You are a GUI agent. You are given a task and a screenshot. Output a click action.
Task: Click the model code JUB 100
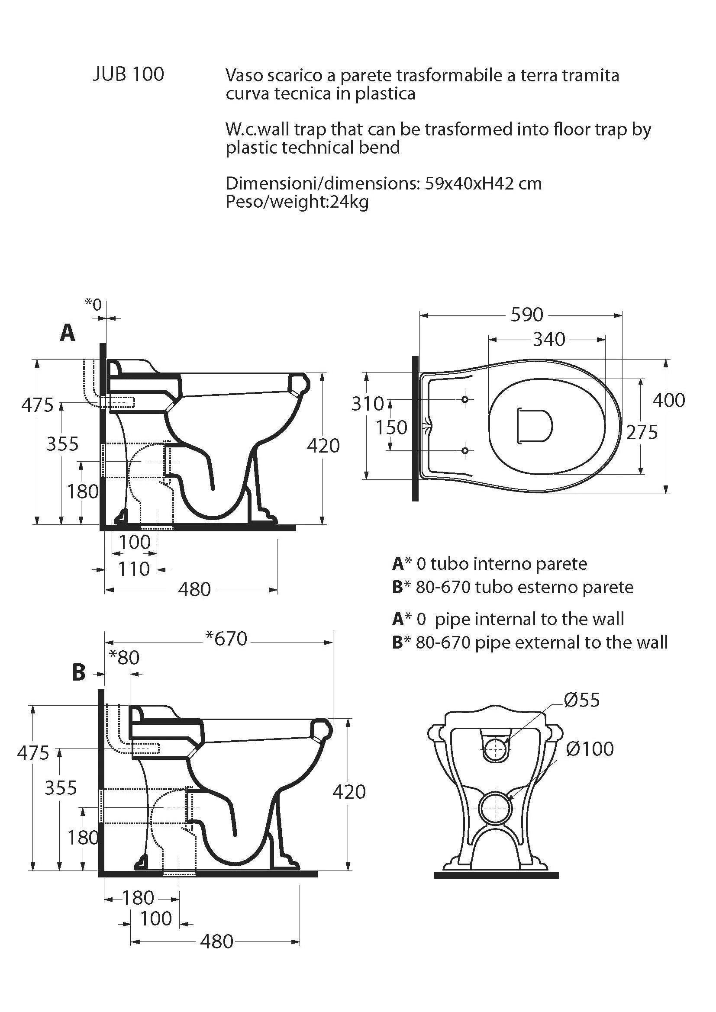(128, 74)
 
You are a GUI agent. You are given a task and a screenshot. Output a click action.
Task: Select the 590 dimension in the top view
(526, 315)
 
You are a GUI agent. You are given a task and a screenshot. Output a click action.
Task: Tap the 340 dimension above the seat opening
(549, 339)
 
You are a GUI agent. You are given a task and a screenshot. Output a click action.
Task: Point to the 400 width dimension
(668, 400)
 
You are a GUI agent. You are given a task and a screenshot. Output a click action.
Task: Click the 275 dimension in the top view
(642, 432)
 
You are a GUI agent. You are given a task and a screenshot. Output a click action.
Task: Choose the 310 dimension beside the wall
(368, 403)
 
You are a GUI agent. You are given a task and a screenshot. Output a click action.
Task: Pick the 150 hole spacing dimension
(391, 427)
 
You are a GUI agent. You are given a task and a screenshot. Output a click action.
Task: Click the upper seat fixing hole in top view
(464, 399)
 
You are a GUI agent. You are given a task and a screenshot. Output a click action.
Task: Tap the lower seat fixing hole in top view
(464, 450)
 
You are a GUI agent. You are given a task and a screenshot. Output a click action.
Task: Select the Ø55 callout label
(581, 700)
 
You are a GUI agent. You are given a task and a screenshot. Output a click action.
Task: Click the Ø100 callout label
(590, 749)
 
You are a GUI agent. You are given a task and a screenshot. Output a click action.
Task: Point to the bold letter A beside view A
(68, 333)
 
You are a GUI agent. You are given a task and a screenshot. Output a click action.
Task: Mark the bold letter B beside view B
(78, 673)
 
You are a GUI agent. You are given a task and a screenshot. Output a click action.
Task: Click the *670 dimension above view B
(226, 638)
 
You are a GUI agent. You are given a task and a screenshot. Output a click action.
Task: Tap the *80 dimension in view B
(124, 657)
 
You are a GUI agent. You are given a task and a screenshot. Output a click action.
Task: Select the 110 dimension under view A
(134, 569)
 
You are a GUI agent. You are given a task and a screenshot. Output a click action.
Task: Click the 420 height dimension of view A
(323, 446)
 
